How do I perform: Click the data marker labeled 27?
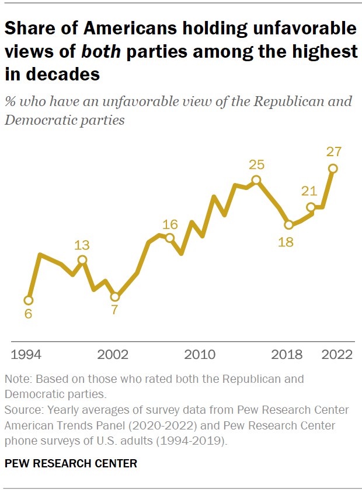coord(333,168)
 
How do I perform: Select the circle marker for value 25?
coord(256,180)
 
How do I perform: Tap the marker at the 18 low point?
coord(288,224)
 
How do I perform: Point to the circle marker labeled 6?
coord(28,300)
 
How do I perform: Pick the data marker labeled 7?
coord(115,297)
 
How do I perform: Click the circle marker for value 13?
coord(82,260)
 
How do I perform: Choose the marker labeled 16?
coord(169,238)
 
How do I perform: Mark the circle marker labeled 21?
coord(311,206)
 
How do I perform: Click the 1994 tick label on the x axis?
coord(27,355)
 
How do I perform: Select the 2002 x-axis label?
coord(113,355)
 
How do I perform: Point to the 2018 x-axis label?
coord(287,355)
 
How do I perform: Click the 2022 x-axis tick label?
coord(337,355)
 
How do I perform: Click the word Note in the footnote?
coord(16,379)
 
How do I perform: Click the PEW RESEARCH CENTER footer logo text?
coord(71,464)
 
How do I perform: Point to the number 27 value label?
coord(333,152)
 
